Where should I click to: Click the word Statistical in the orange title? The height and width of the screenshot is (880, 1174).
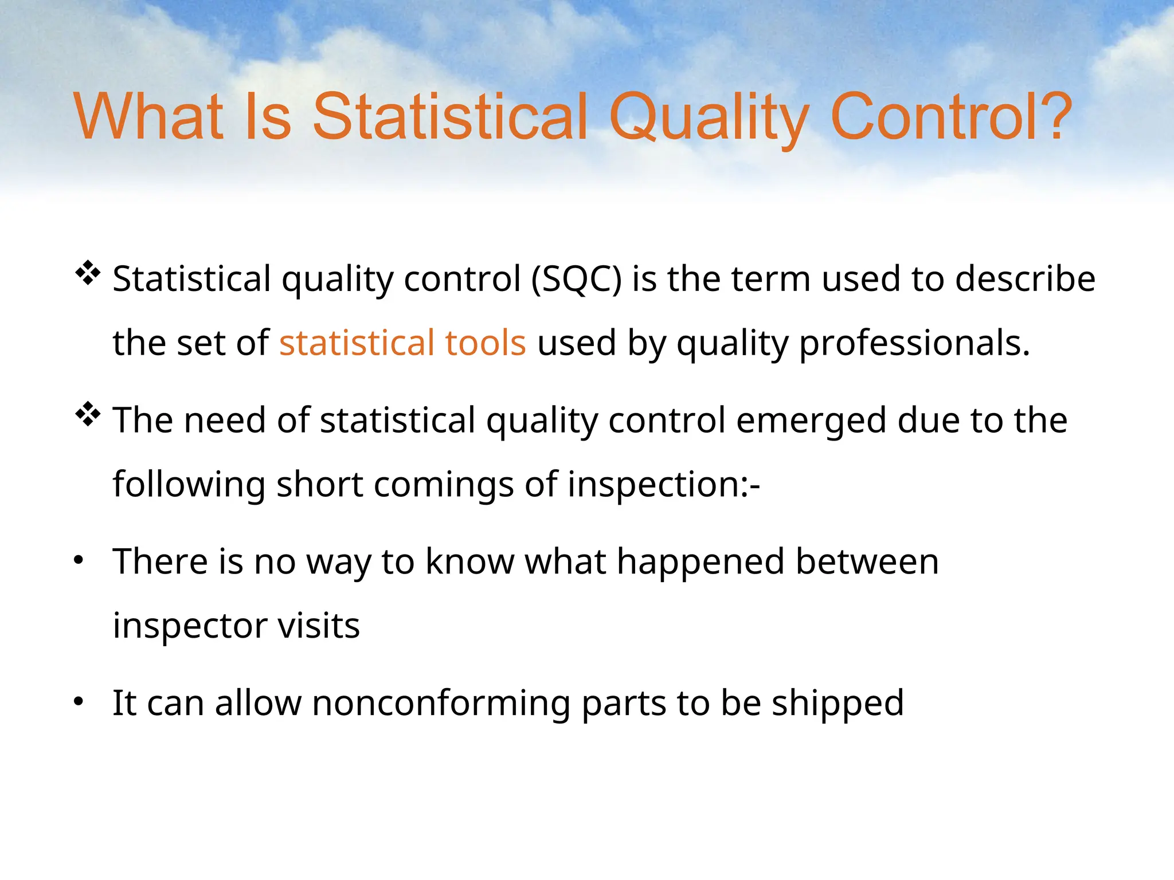450,117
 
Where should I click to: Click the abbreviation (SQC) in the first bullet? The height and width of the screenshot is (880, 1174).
576,280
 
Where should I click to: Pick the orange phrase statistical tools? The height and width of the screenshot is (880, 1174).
402,343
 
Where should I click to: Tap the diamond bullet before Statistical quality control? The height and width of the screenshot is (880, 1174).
88,273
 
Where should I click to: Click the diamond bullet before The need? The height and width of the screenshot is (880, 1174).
88,414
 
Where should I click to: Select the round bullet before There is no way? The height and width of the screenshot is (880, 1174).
79,560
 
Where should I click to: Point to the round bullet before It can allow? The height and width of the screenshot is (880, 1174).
79,701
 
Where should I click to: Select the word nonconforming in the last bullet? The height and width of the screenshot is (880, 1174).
441,704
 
